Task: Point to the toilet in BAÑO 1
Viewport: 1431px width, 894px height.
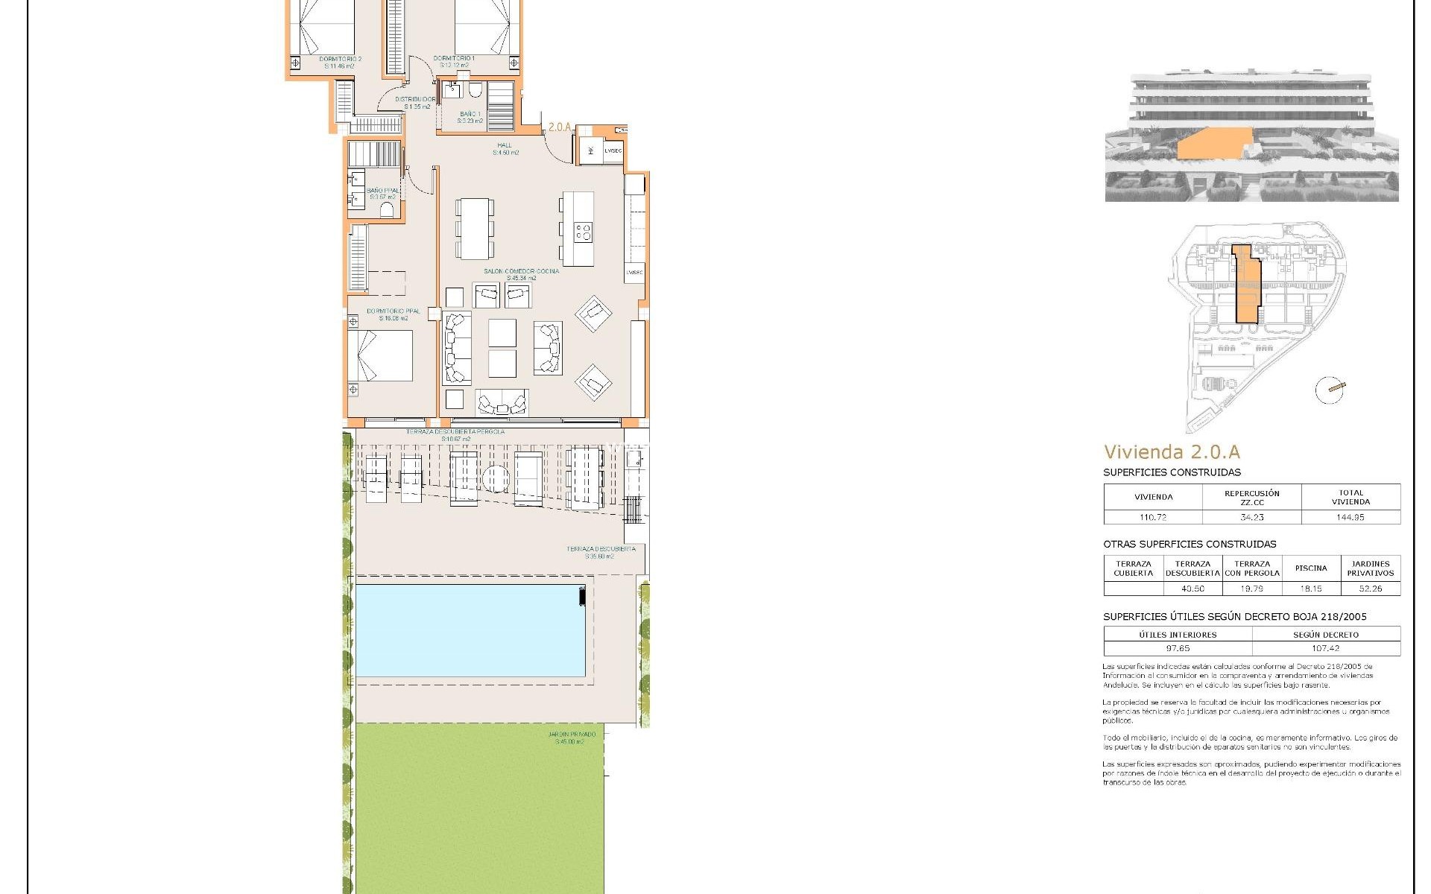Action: point(473,91)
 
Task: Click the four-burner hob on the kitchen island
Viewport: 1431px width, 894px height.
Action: point(583,232)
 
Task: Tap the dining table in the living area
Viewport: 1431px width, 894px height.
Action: point(473,228)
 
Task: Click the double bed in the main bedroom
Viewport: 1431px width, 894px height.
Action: point(380,355)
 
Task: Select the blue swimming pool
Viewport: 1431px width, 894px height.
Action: point(470,630)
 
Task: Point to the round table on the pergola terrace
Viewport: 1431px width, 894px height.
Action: point(494,478)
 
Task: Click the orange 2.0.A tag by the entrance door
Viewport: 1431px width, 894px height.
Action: point(560,127)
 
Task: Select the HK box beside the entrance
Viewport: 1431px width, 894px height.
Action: point(591,150)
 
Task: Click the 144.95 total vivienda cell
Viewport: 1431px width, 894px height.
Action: point(1351,517)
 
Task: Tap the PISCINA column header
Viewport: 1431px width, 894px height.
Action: point(1310,568)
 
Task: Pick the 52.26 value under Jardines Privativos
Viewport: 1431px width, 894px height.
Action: point(1370,589)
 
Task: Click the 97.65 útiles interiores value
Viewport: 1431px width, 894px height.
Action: point(1178,649)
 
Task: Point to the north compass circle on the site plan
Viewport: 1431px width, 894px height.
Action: point(1329,390)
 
